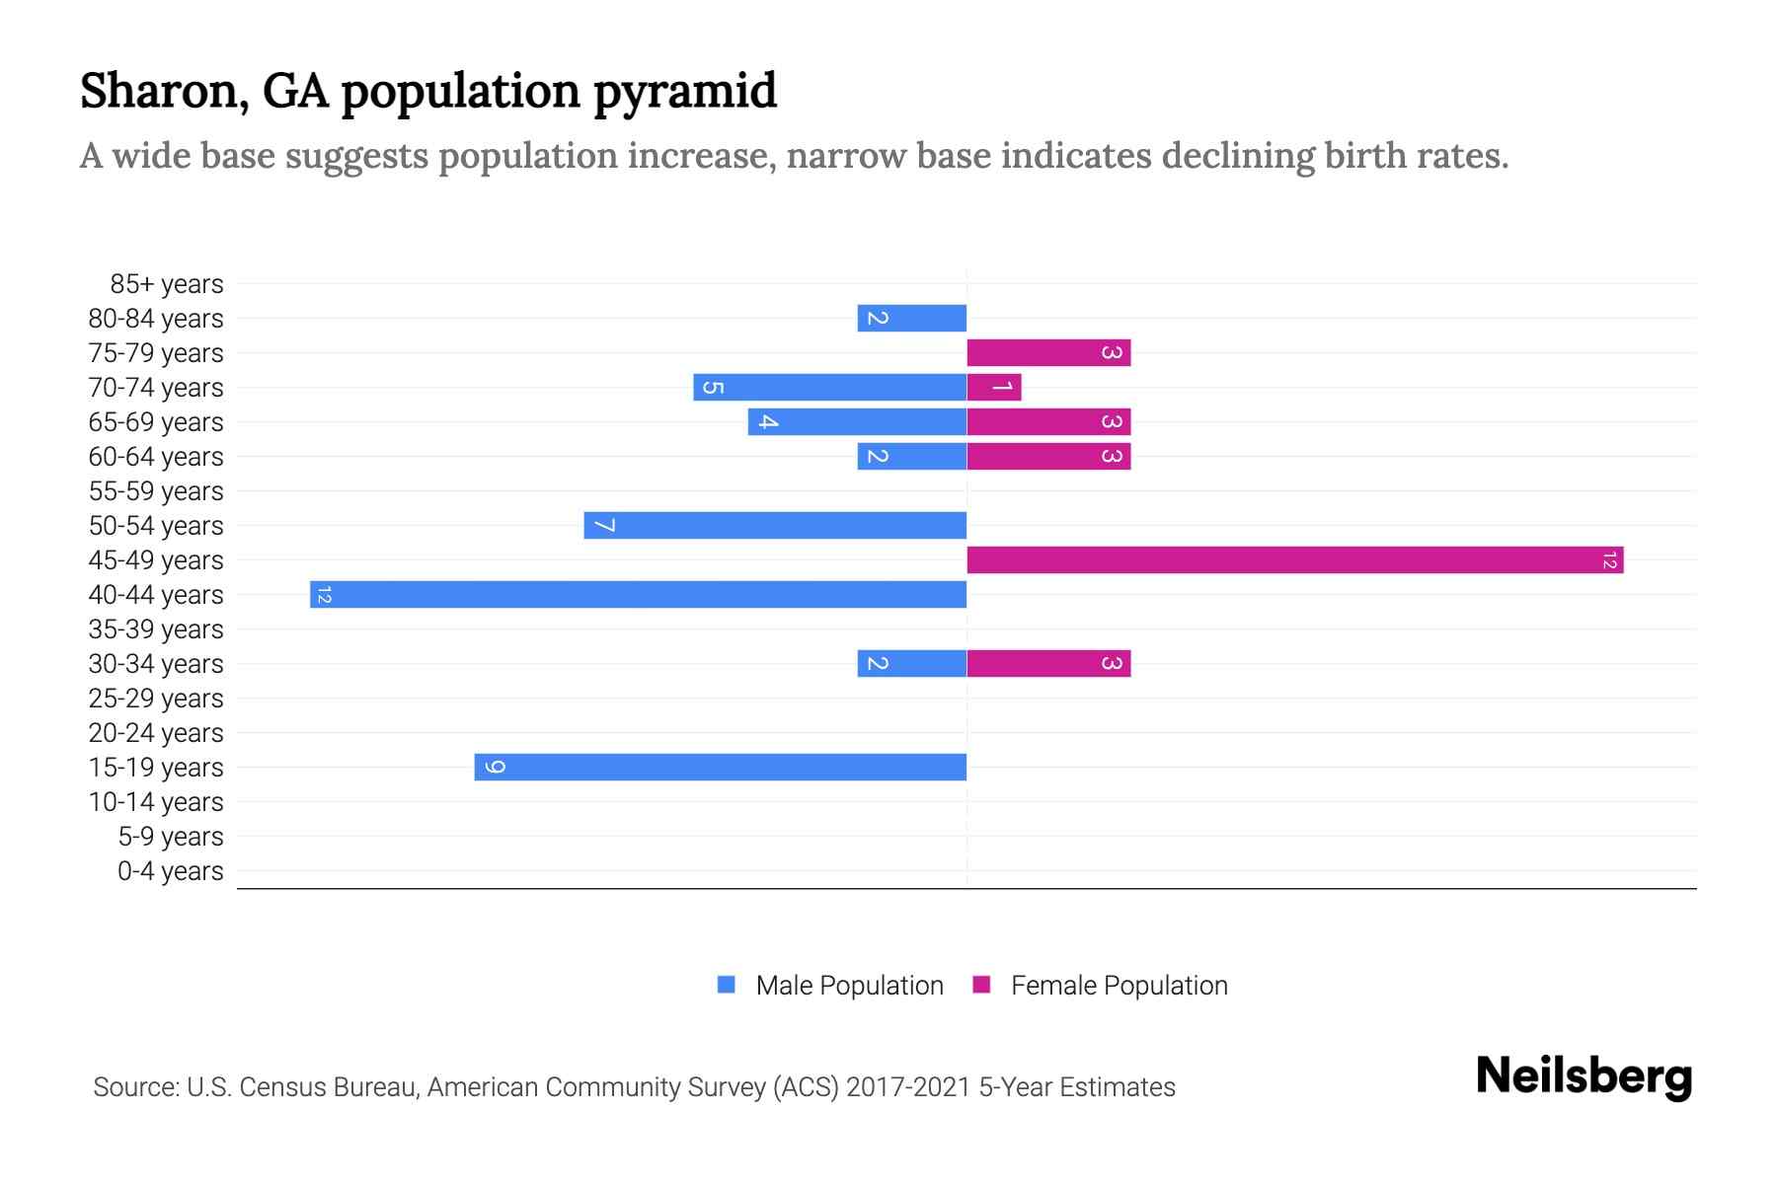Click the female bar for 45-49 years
pos(1294,559)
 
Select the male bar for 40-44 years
pos(638,594)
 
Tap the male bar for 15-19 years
pos(720,767)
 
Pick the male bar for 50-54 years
pos(775,525)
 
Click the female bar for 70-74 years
pos(993,387)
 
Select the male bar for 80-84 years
pos(911,318)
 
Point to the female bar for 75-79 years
pos(1048,352)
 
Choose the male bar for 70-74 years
pos(829,387)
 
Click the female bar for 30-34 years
pos(1048,663)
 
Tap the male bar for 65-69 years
pos(857,421)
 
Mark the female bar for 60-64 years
pos(1048,456)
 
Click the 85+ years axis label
pos(166,284)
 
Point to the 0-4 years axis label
pos(170,871)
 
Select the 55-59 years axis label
pos(156,491)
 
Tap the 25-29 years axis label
pos(156,699)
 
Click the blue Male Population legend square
pos(727,985)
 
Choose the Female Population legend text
pos(1119,986)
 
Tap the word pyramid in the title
pos(684,91)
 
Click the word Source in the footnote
pos(134,1087)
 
